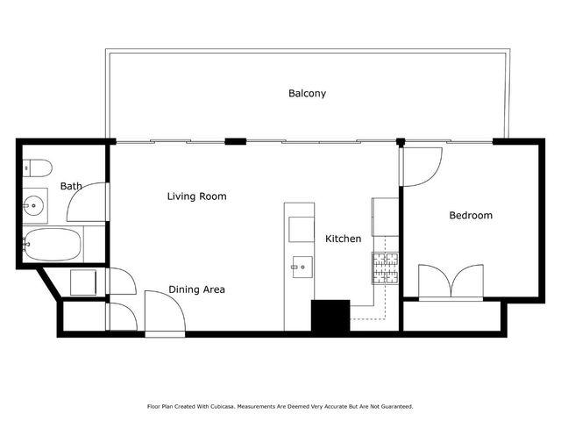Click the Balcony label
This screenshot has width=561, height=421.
307,93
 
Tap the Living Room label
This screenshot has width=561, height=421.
196,196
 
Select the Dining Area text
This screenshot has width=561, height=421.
196,289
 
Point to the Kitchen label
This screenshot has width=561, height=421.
343,239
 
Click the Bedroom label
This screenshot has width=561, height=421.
471,215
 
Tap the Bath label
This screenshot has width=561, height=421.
71,186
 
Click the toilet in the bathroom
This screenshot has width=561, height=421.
37,167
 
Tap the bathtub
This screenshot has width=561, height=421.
53,245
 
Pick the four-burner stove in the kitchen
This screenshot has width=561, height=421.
386,268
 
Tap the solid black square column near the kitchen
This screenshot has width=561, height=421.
330,316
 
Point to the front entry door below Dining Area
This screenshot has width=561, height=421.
164,315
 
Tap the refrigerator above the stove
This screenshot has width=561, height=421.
386,216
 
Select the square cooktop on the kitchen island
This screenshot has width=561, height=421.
301,228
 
